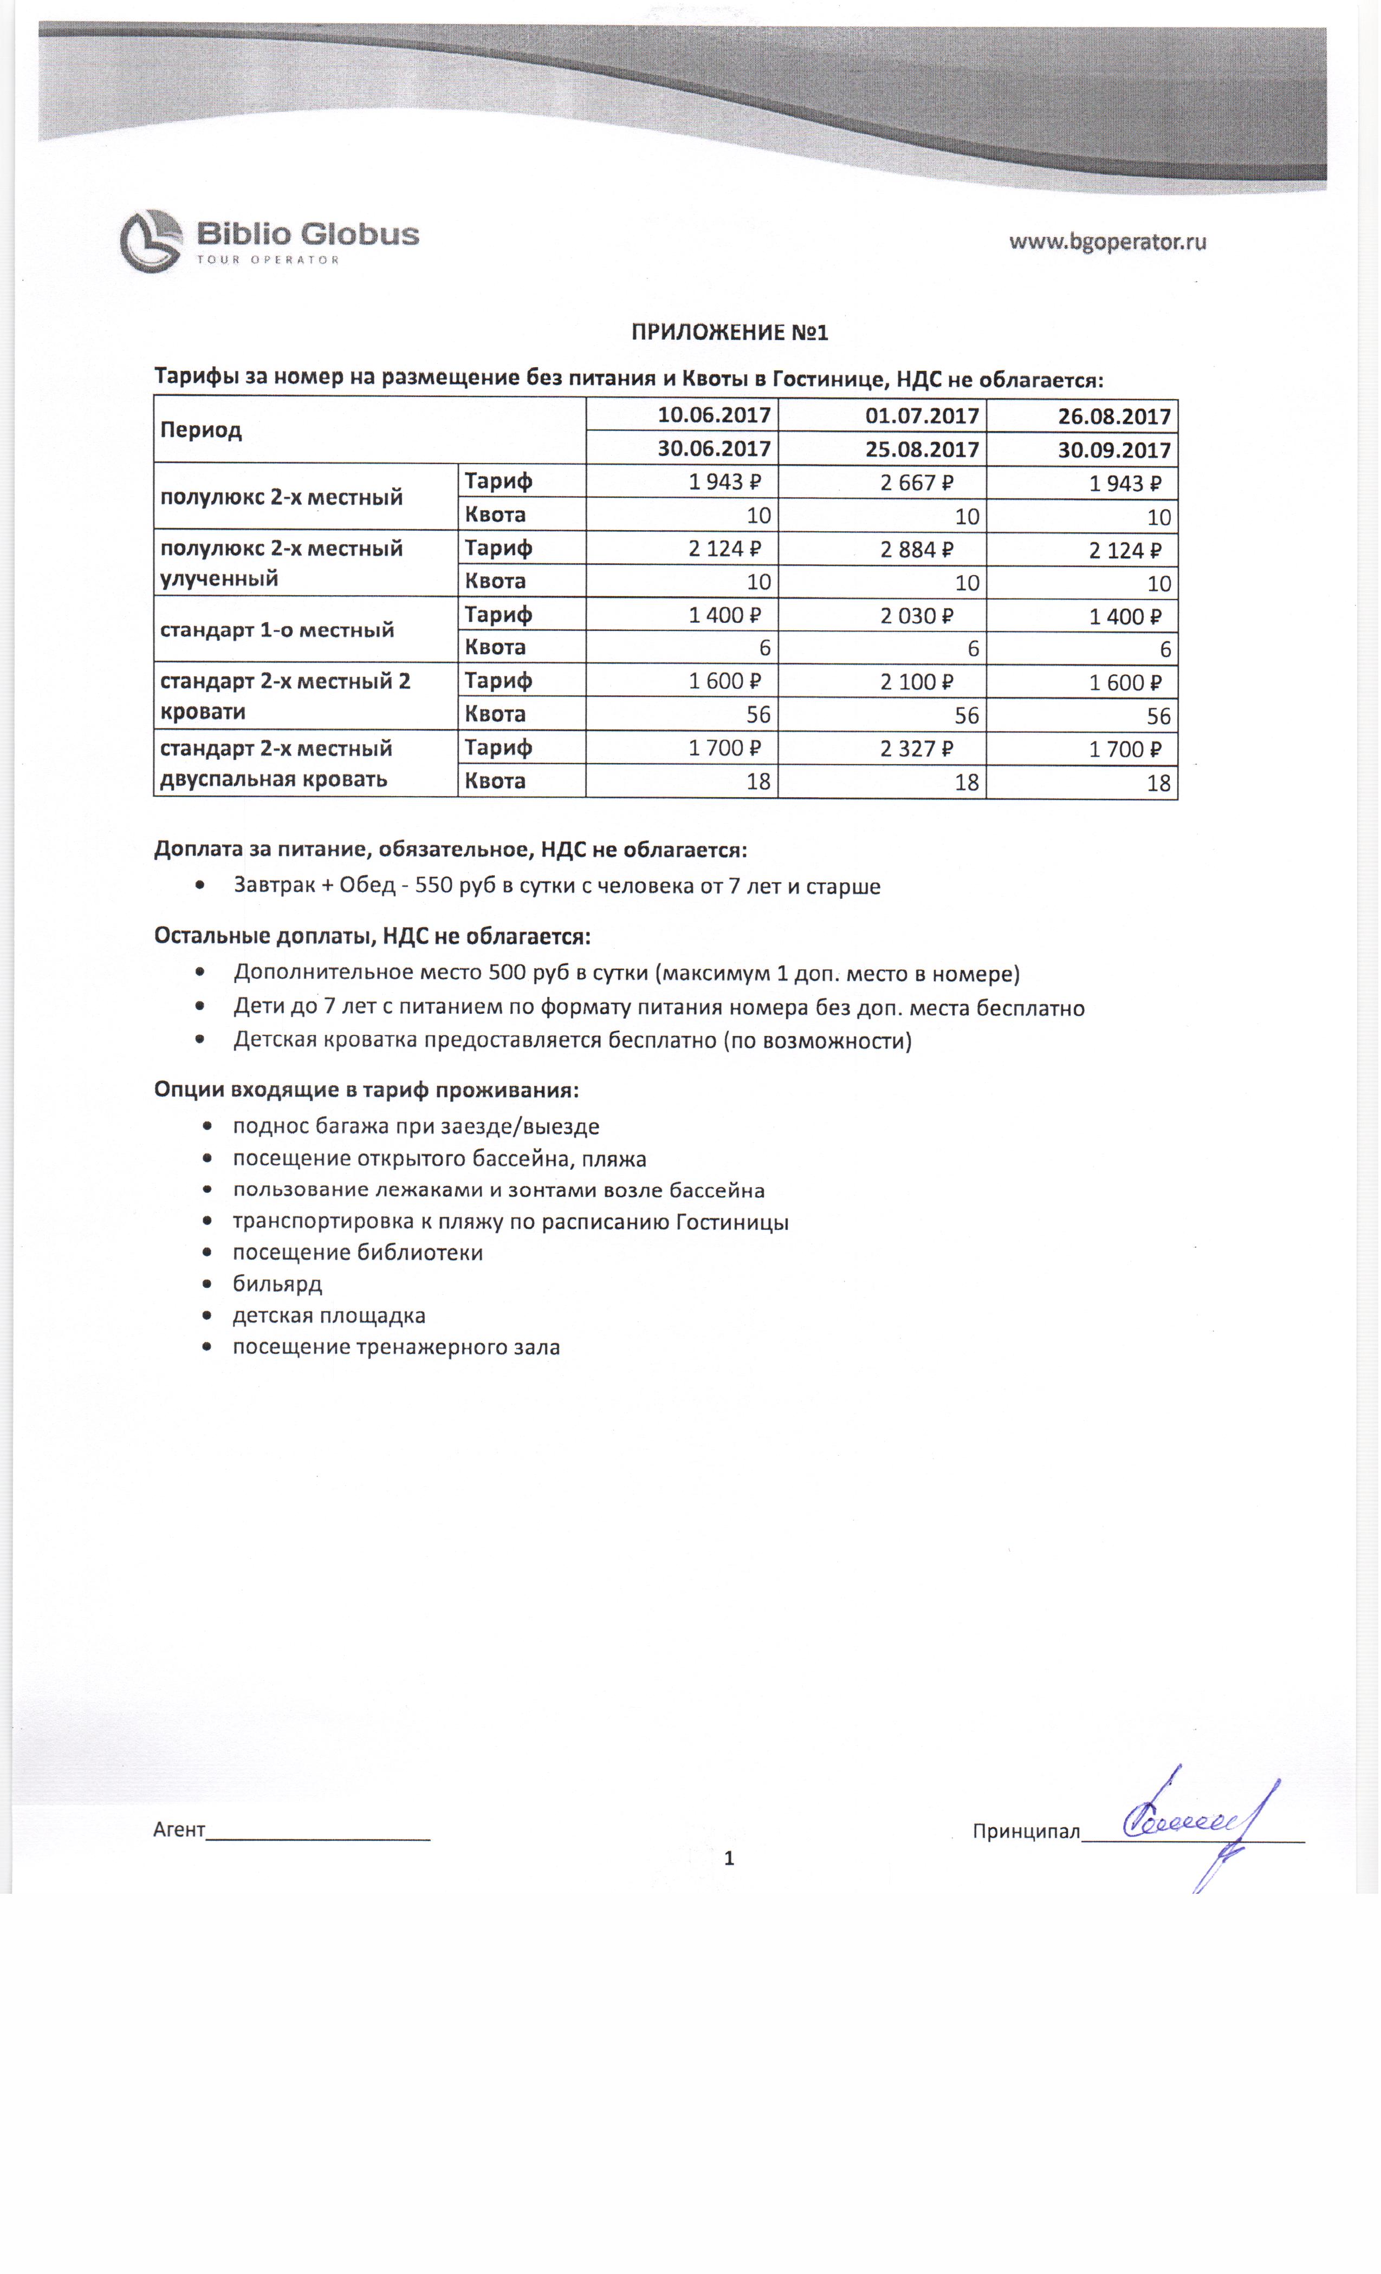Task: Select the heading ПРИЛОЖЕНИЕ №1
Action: (729, 332)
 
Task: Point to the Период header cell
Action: (201, 430)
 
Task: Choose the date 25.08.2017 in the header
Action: (921, 449)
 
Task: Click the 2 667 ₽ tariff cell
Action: (917, 483)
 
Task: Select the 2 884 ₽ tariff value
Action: (917, 550)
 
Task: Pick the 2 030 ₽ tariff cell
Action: (917, 616)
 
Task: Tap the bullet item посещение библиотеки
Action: (357, 1253)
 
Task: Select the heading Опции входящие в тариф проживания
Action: (366, 1090)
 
